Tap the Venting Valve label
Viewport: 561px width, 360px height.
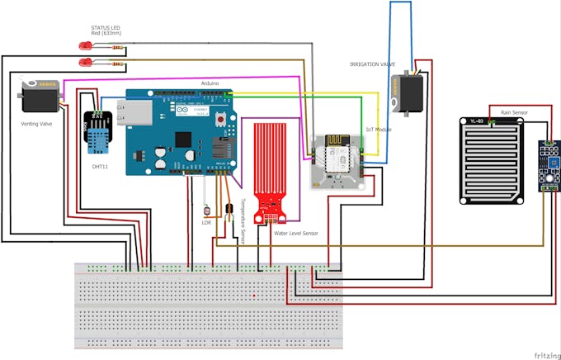point(37,124)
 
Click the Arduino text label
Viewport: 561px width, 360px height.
point(210,83)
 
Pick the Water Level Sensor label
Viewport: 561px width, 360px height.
point(296,234)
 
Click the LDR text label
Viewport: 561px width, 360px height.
point(207,222)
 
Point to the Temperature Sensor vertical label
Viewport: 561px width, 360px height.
point(243,220)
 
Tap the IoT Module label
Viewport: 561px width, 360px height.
point(379,130)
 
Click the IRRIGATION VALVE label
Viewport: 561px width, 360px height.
point(373,64)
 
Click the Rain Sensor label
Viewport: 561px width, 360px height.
point(514,112)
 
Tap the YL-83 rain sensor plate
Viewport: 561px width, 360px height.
point(492,160)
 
